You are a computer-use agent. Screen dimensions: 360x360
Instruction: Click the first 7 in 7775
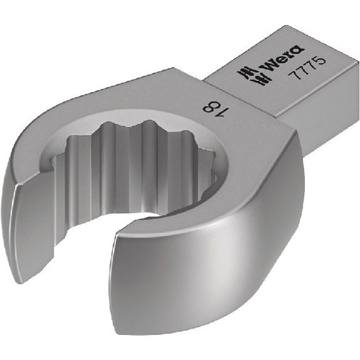coord(294,75)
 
